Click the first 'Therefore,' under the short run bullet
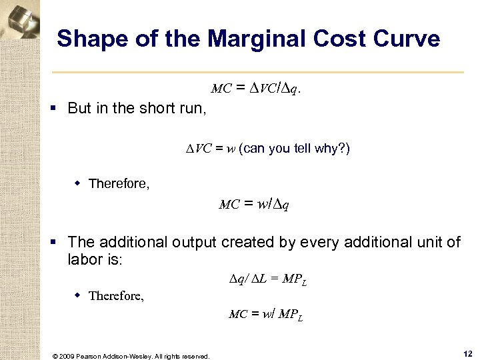click(119, 183)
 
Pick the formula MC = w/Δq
click(254, 204)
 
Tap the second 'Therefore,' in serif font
click(116, 295)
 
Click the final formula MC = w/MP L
click(265, 315)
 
